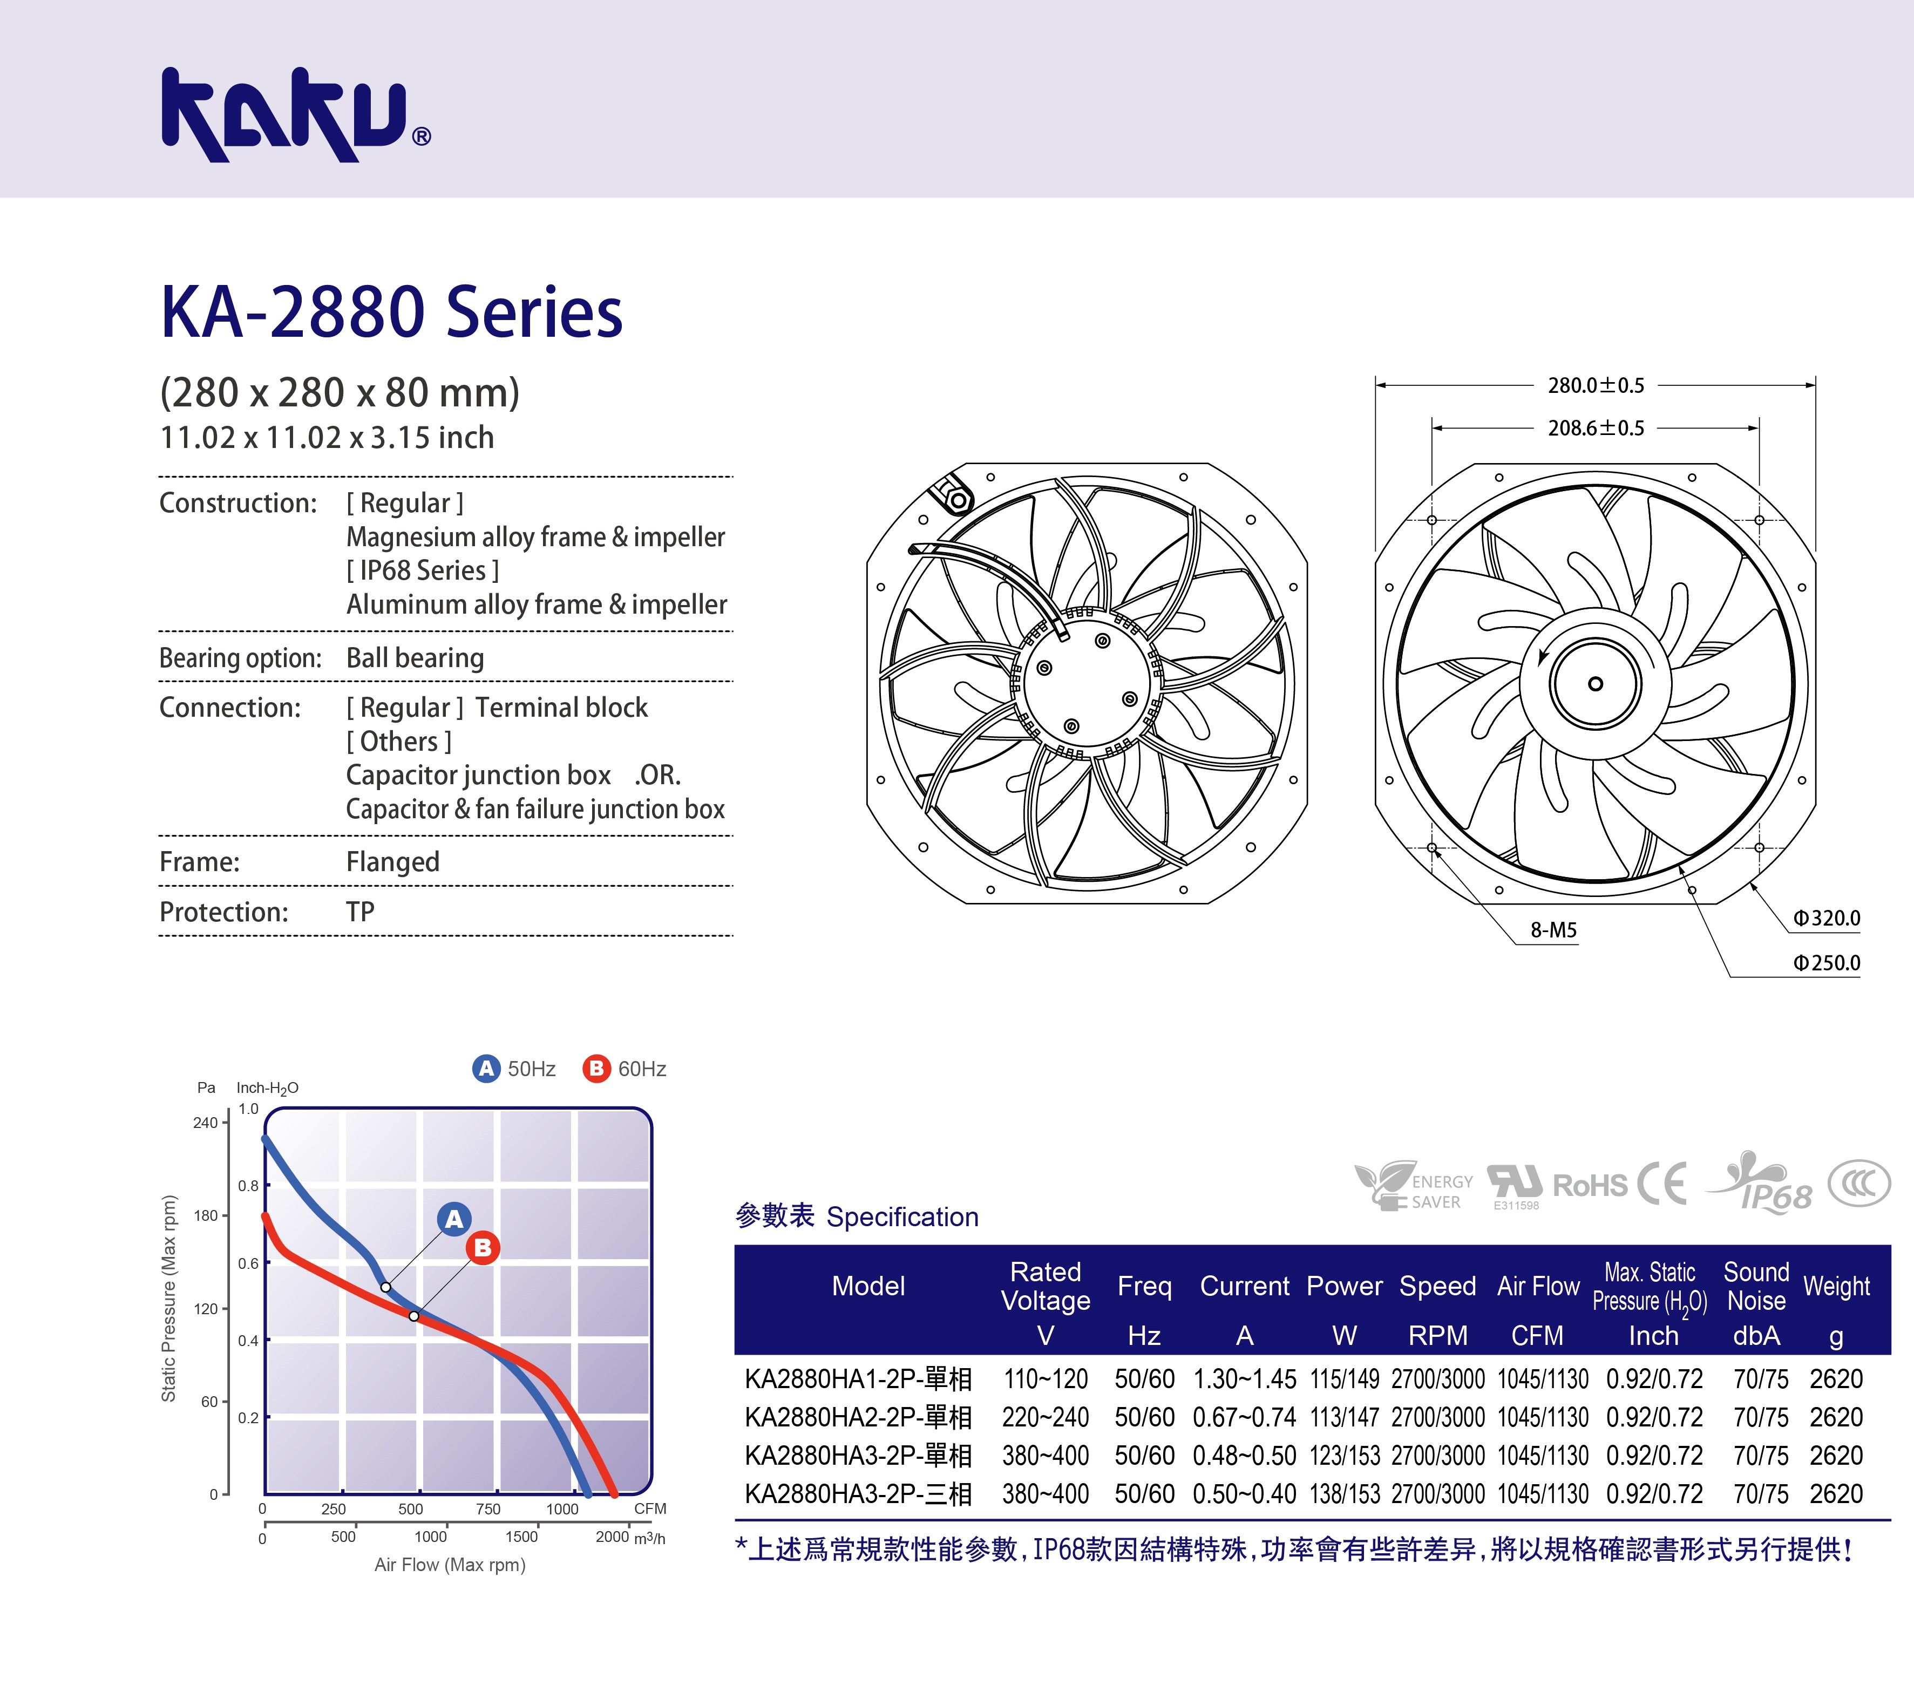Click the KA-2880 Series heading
[x=392, y=311]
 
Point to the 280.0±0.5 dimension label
[x=1596, y=385]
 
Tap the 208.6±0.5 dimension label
[x=1596, y=429]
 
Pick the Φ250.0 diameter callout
[x=1826, y=963]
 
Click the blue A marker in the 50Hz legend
[x=486, y=1069]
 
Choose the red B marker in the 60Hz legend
[x=596, y=1069]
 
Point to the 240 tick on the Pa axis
[x=205, y=1123]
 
